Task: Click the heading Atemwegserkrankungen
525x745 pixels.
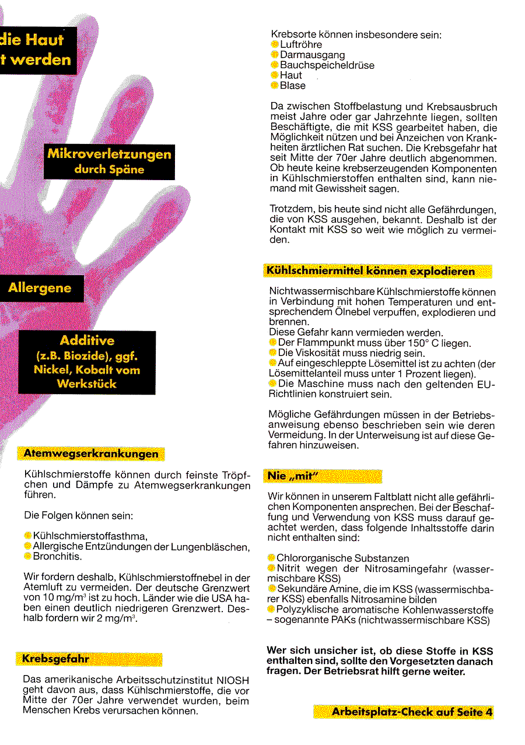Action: tap(91, 454)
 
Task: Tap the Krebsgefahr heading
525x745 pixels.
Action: tap(56, 659)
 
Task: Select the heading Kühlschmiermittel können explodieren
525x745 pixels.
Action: tap(370, 271)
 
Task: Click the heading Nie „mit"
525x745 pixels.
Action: tap(291, 476)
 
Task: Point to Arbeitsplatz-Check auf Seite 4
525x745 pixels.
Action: tap(412, 712)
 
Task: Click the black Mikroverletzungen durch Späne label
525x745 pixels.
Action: tap(109, 161)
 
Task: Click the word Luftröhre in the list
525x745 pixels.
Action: tap(300, 44)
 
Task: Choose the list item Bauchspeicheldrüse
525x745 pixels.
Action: tap(327, 65)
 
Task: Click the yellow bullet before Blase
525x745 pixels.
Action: tap(275, 86)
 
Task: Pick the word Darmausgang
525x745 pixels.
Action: tap(312, 55)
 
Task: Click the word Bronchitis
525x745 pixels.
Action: tap(57, 556)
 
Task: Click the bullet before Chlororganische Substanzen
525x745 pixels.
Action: tap(271, 558)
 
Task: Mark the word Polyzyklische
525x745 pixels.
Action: tap(307, 610)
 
